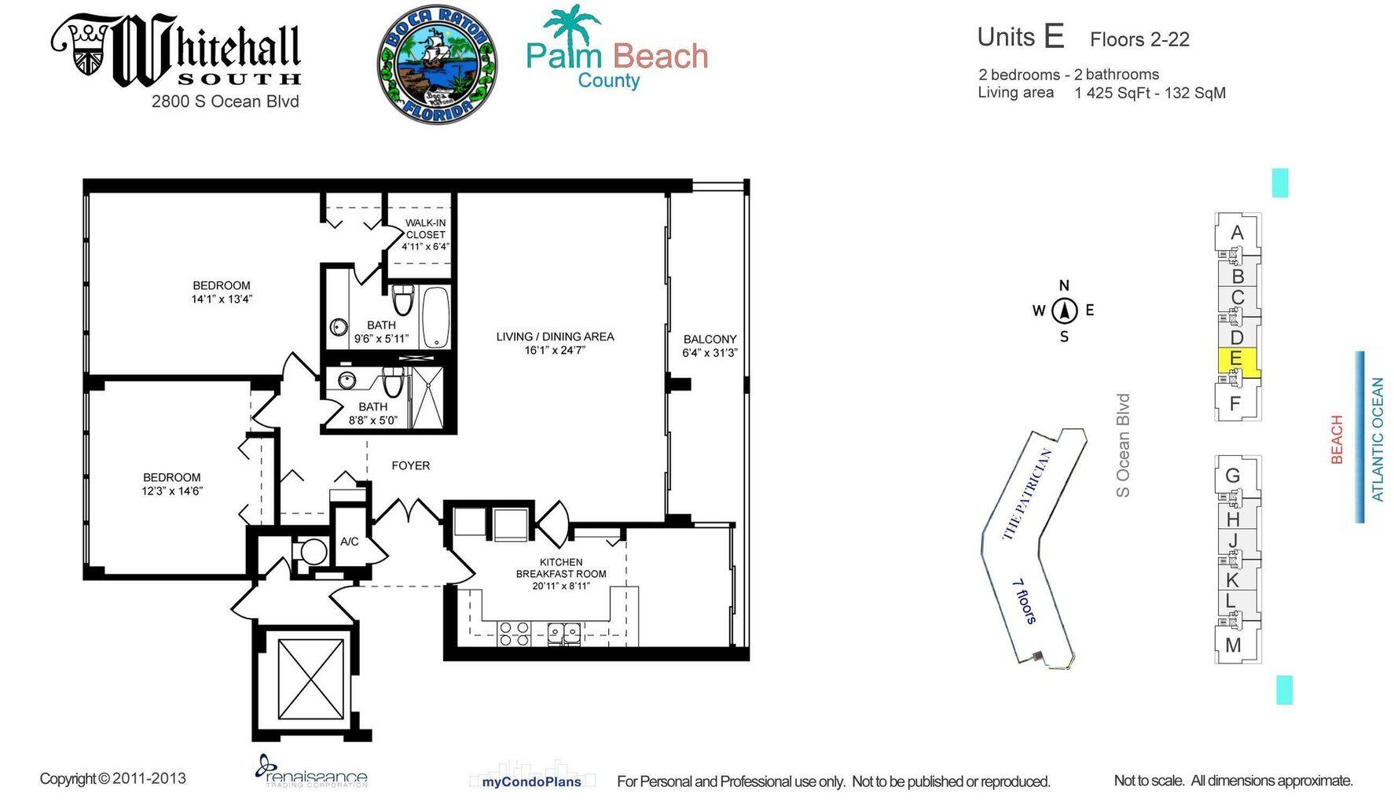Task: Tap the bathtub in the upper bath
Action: (x=436, y=318)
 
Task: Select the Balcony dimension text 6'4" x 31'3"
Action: (x=709, y=353)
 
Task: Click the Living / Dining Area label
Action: (x=555, y=336)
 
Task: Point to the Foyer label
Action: (x=410, y=465)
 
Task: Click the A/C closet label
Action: (x=349, y=542)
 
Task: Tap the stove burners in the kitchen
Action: (x=514, y=634)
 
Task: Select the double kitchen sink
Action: (x=564, y=633)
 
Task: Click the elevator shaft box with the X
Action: (x=311, y=678)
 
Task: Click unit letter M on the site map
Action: (x=1233, y=645)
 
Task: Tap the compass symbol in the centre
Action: (x=1064, y=311)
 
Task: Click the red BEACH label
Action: (x=1337, y=439)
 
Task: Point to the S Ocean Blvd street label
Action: (x=1123, y=445)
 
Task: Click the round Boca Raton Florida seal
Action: (x=437, y=64)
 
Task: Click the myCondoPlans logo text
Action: (x=531, y=781)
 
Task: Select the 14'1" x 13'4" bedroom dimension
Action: (x=222, y=299)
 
